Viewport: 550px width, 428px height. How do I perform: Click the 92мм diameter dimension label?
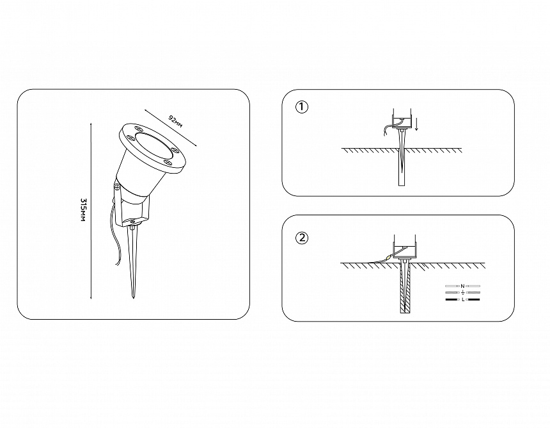pos(175,121)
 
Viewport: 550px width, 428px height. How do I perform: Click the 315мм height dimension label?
pos(84,210)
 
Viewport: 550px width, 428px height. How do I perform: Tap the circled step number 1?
pos(302,107)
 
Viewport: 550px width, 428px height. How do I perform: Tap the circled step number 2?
pos(302,238)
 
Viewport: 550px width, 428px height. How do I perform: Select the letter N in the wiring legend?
pos(462,286)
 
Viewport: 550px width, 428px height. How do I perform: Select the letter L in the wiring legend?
pos(463,300)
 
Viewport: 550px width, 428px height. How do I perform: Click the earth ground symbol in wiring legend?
pos(463,293)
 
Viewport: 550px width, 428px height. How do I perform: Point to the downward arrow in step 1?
pos(416,124)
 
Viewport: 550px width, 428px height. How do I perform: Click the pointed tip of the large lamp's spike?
pos(133,299)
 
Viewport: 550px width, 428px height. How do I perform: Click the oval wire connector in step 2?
pos(388,258)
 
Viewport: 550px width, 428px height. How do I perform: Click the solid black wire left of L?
pos(452,300)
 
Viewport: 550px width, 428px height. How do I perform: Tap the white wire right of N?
pos(473,286)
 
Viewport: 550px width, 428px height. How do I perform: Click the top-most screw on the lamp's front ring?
pos(137,129)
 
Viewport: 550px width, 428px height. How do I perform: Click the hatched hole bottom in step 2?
pos(405,311)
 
